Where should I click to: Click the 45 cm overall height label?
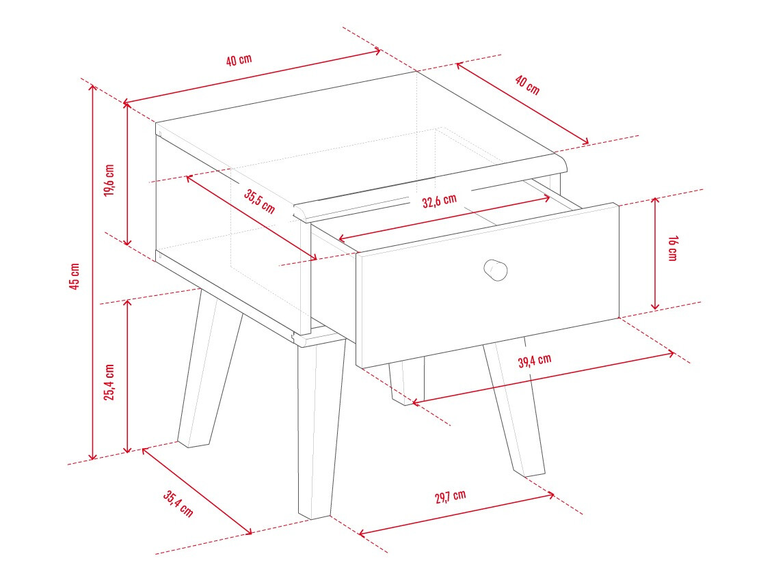click(74, 276)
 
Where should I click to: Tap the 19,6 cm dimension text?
click(109, 180)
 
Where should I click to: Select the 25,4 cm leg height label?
click(109, 382)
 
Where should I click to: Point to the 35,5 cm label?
click(260, 201)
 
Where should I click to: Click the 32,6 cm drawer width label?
click(440, 201)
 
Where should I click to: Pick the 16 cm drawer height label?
click(672, 248)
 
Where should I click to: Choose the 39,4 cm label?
click(535, 361)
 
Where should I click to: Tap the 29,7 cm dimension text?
click(450, 496)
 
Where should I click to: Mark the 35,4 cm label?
click(178, 503)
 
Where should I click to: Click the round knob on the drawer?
click(495, 270)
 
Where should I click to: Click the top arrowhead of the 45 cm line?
click(92, 87)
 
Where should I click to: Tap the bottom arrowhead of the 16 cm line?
click(655, 307)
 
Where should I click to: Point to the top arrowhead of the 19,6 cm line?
click(127, 105)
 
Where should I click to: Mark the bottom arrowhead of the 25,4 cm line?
click(127, 450)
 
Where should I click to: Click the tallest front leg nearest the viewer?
click(320, 426)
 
